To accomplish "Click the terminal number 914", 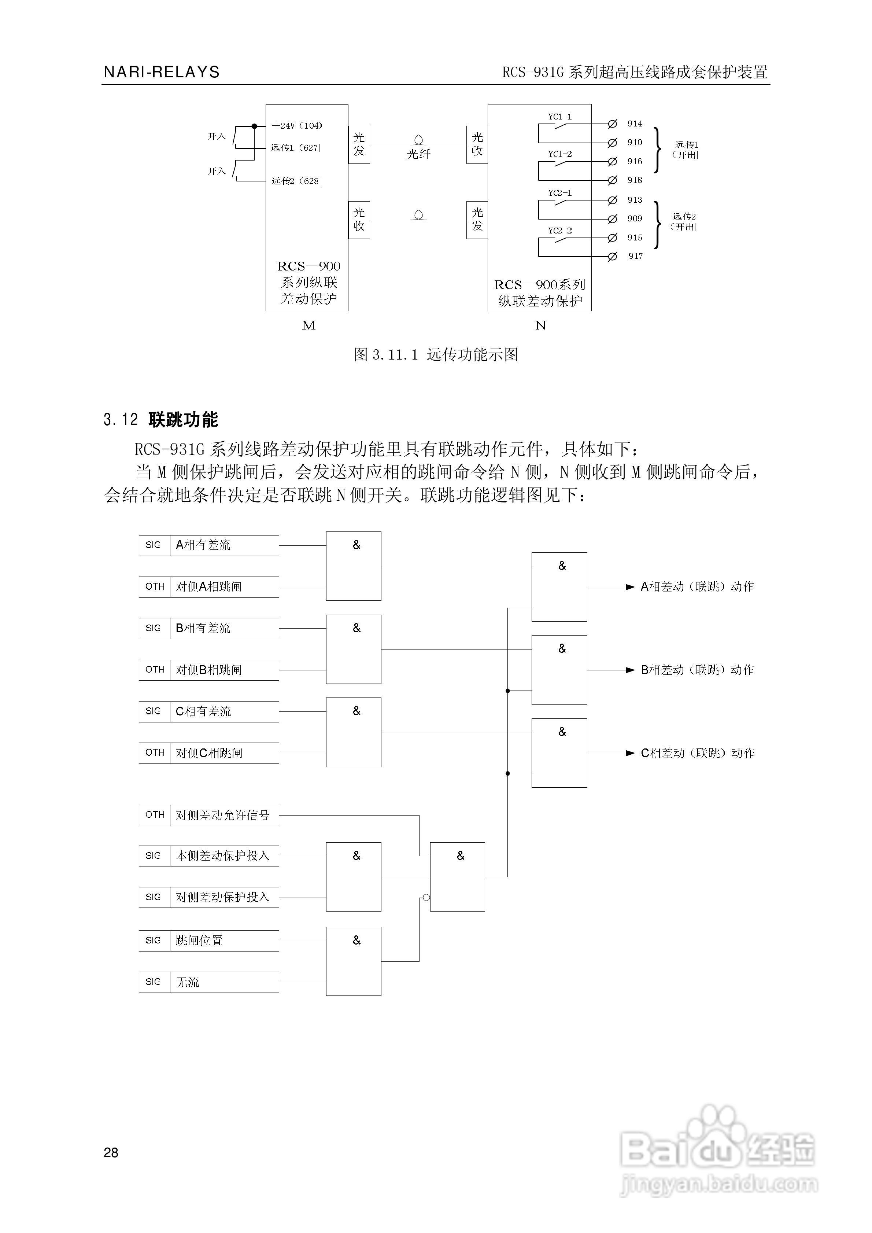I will coord(634,124).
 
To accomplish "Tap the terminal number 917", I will coord(635,256).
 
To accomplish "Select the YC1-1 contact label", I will coord(559,117).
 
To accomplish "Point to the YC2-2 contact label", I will coord(559,231).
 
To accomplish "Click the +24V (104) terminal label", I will coord(296,126).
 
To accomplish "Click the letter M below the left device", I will coord(309,325).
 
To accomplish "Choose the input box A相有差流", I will coord(208,545).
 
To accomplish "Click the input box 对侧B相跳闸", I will coord(208,670).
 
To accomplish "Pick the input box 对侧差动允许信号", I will coord(208,815).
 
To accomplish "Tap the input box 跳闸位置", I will coord(208,940).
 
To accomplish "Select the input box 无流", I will coord(208,982).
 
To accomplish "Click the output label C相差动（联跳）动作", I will coord(697,753).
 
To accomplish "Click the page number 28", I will coord(111,1152).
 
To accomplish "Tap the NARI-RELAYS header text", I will coord(162,72).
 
